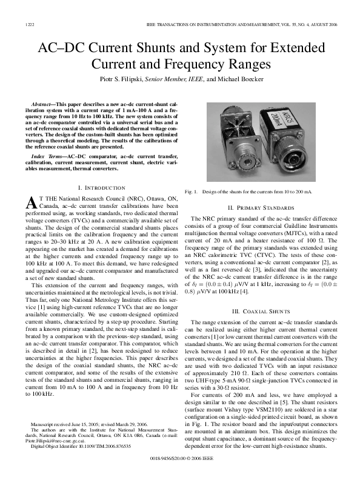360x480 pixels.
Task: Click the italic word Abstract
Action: click(x=45, y=98)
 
